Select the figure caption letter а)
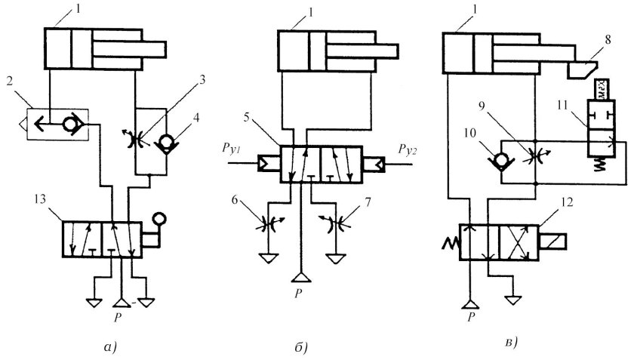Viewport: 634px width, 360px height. point(105,346)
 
